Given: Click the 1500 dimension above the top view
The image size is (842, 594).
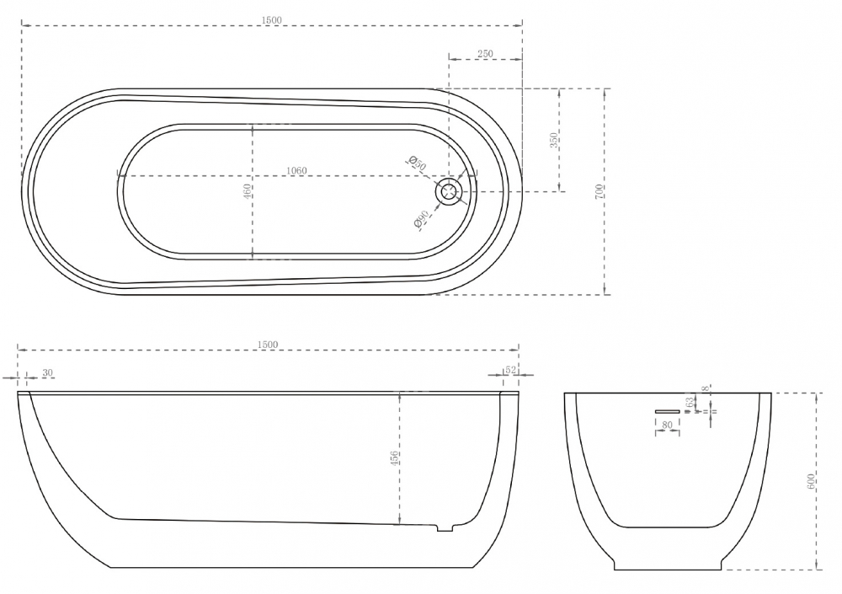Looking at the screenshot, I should pos(271,20).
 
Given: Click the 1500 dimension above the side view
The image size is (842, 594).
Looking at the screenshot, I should pos(268,344).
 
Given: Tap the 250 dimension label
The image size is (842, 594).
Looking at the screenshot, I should pos(485,54).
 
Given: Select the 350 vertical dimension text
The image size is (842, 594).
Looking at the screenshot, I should pos(553,141).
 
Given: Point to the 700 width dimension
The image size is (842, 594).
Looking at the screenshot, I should pos(599,191).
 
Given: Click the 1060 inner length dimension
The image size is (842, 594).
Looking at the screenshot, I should pos(296,171).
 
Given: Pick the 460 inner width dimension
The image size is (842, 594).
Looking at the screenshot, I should pos(247,191).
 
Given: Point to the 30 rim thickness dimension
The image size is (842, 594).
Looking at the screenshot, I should pos(47,372).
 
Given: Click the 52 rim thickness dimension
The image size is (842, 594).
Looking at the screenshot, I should pos(509,372).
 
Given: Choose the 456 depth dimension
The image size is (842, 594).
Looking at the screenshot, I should pos(393,458).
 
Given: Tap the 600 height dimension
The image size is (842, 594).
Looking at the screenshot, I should pos(810,481).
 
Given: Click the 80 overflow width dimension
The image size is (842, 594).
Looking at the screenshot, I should pos(667,426).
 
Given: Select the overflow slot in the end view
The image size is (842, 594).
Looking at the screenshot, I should pos(667,410).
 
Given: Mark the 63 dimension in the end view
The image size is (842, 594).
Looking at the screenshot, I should pos(690,403).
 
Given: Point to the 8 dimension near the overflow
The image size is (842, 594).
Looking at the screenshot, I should pos(706,388).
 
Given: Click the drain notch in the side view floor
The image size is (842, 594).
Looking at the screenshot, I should pos(445,528).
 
